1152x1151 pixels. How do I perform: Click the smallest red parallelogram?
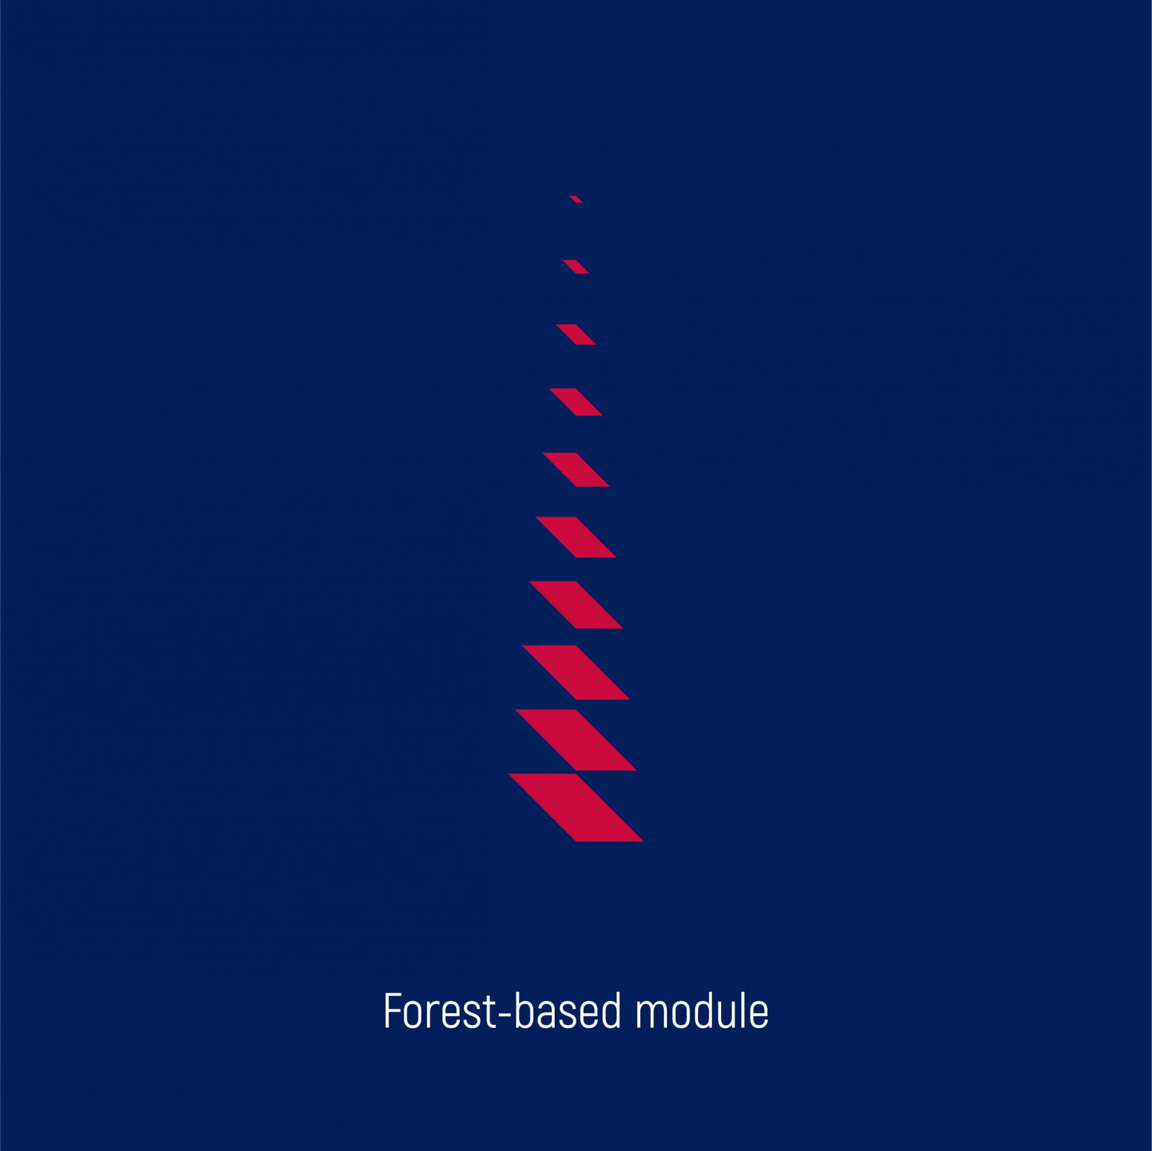(575, 199)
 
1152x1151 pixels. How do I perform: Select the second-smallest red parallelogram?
(575, 267)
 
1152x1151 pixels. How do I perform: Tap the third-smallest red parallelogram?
(575, 335)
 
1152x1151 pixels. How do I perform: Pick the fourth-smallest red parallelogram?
(575, 402)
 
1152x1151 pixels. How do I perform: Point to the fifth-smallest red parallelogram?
(575, 470)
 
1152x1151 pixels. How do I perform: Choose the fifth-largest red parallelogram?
(575, 537)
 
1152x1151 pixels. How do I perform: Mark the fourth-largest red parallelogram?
(575, 605)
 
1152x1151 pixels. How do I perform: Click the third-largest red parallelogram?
(575, 673)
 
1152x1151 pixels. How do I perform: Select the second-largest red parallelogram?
(575, 740)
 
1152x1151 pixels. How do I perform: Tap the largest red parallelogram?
(575, 808)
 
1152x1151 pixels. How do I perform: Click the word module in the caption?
(702, 1010)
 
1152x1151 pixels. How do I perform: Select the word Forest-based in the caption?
(503, 1010)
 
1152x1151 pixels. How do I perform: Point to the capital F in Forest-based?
(392, 1011)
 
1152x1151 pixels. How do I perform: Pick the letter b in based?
(524, 1010)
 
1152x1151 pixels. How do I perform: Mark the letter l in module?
(743, 1010)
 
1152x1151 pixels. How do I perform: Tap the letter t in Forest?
(490, 1012)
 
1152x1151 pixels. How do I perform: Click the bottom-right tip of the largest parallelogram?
(643, 842)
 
